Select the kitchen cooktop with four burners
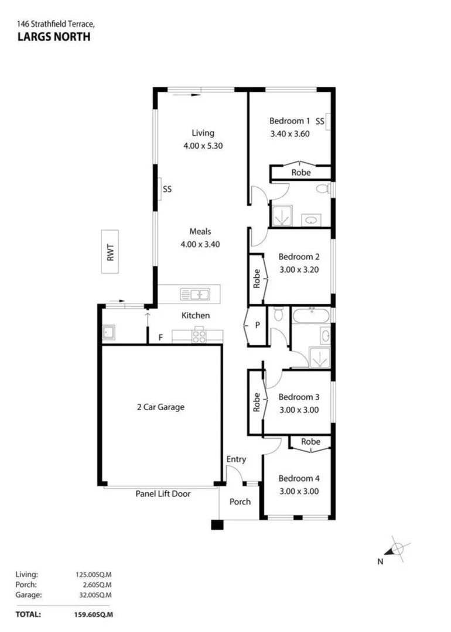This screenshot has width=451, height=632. (198, 336)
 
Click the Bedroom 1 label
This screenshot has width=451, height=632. (289, 121)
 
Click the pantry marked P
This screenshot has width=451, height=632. (257, 325)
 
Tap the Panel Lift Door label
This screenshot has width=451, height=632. (163, 494)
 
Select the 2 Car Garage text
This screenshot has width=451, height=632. (160, 407)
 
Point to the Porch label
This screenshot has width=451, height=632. (240, 502)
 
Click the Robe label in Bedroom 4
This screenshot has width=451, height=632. (311, 442)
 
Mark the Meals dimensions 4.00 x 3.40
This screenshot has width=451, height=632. (200, 245)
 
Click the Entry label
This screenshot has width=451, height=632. (236, 459)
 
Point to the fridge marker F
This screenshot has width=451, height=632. (160, 338)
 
